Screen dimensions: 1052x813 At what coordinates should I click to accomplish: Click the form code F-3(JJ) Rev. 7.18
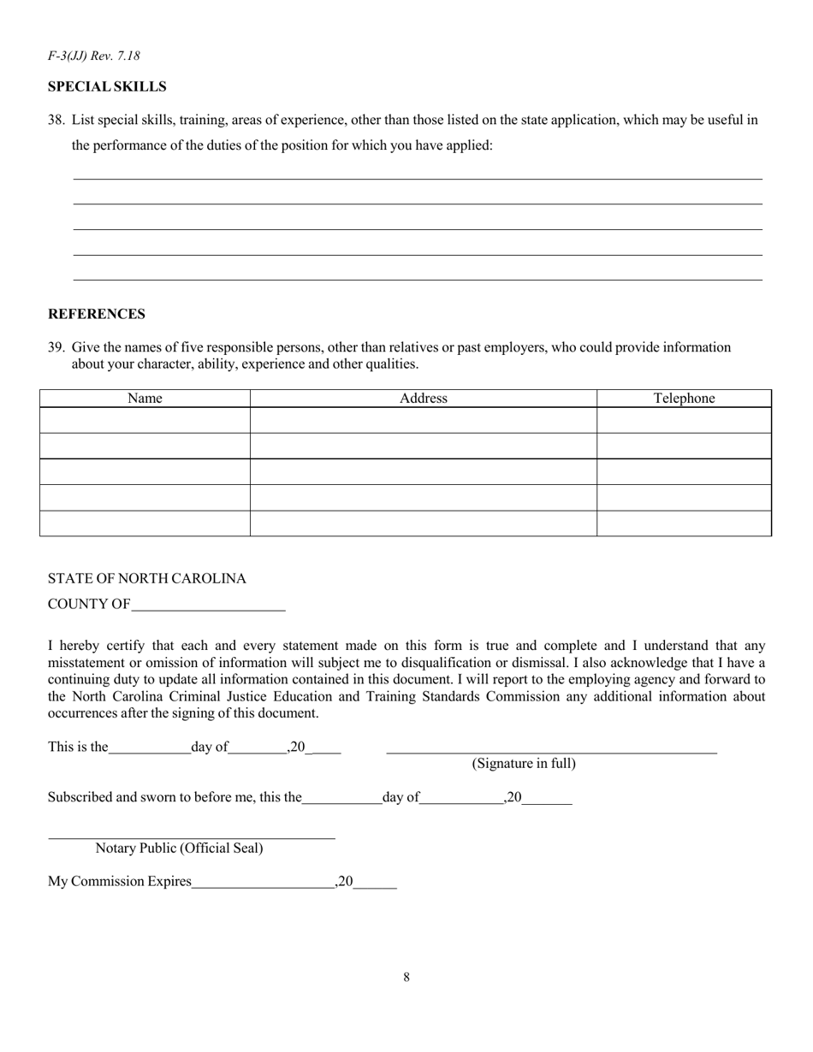[94, 56]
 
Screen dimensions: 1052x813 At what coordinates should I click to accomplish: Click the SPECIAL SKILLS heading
[107, 87]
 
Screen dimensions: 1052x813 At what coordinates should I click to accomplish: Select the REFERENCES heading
[97, 314]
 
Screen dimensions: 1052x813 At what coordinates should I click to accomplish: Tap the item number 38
[56, 121]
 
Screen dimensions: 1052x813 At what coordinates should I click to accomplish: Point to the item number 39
[56, 347]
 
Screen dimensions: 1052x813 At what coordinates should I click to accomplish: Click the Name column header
[145, 399]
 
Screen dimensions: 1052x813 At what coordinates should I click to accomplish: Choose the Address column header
[424, 399]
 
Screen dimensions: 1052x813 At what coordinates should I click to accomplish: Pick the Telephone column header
[684, 399]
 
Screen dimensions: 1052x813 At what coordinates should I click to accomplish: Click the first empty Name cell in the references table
[145, 420]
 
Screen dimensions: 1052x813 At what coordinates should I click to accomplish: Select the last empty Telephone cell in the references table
[684, 523]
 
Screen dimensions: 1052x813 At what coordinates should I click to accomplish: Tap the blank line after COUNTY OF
[208, 606]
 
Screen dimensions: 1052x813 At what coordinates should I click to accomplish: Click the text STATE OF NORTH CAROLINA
[147, 579]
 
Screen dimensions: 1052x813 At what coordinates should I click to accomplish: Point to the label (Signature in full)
[524, 764]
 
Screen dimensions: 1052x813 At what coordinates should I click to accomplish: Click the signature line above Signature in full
[551, 749]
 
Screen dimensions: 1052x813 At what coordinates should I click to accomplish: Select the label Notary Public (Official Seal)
[180, 848]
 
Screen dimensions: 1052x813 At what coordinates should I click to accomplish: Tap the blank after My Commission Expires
[263, 884]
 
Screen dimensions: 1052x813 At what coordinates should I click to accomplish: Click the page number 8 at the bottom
[406, 978]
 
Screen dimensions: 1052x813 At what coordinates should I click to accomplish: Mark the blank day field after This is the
[150, 749]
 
